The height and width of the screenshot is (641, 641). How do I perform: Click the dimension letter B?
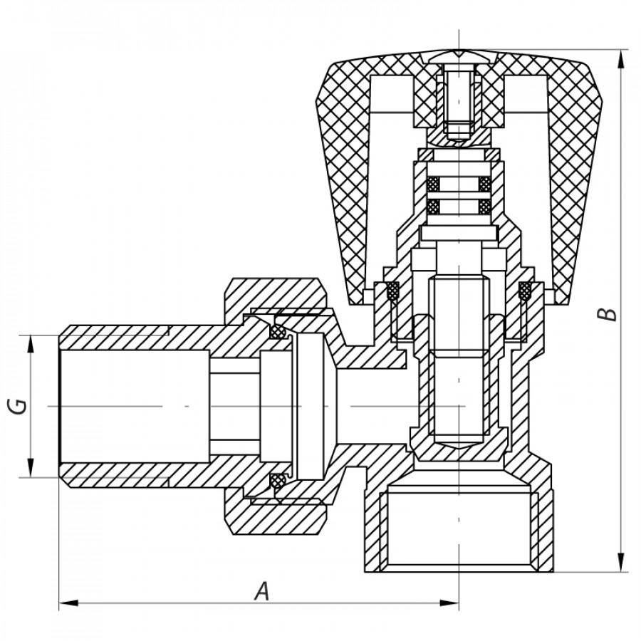pos(606,313)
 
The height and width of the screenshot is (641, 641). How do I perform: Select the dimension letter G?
pos(19,406)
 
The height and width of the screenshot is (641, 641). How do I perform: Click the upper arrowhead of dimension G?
pos(31,343)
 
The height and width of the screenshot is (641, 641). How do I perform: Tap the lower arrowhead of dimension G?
pos(31,469)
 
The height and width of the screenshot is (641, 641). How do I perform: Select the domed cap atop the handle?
pos(459,56)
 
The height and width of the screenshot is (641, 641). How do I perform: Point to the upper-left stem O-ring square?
pos(432,183)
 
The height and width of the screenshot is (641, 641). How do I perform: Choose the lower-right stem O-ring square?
pos(484,207)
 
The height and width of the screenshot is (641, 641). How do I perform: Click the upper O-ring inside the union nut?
pos(278,332)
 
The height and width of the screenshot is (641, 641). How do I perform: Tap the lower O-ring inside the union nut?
pos(278,481)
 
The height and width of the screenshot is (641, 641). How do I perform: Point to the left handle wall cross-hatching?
pos(342,178)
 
